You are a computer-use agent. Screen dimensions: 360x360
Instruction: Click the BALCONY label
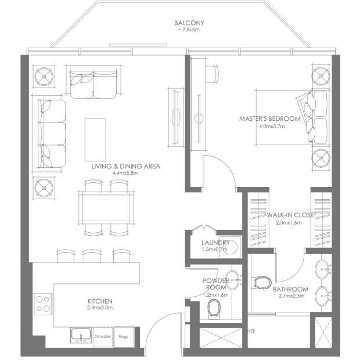point(189,23)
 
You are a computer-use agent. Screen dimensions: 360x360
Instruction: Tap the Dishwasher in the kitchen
point(103,337)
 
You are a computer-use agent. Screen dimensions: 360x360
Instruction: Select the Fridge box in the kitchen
point(124,337)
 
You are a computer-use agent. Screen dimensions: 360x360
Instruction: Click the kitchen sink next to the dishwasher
point(81,335)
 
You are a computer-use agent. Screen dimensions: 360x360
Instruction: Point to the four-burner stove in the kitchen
point(43,304)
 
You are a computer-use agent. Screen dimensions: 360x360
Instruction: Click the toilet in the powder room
point(214,309)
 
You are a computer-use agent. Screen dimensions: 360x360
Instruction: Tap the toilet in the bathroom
point(261,283)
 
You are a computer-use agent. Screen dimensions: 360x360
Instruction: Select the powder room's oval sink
point(233,280)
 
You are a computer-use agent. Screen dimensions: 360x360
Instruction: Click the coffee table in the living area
point(95,139)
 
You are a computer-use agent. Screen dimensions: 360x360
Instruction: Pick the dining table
point(106,208)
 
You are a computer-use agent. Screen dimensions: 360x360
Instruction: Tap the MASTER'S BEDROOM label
point(270,118)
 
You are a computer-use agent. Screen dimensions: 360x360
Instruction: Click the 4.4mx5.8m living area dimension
point(125,173)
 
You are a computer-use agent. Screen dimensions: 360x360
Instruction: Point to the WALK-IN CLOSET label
point(291,215)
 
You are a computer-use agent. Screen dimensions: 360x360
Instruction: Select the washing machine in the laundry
point(231,247)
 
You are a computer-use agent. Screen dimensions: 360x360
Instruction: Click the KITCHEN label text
point(100,301)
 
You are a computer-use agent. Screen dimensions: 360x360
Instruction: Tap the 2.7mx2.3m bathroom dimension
point(291,296)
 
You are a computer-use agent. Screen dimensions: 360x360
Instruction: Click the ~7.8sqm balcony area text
point(189,30)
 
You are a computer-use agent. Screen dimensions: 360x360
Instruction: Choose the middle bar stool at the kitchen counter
point(92,255)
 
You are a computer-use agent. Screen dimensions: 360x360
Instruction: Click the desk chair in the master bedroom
point(213,74)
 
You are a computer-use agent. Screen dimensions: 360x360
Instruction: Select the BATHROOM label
point(291,289)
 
